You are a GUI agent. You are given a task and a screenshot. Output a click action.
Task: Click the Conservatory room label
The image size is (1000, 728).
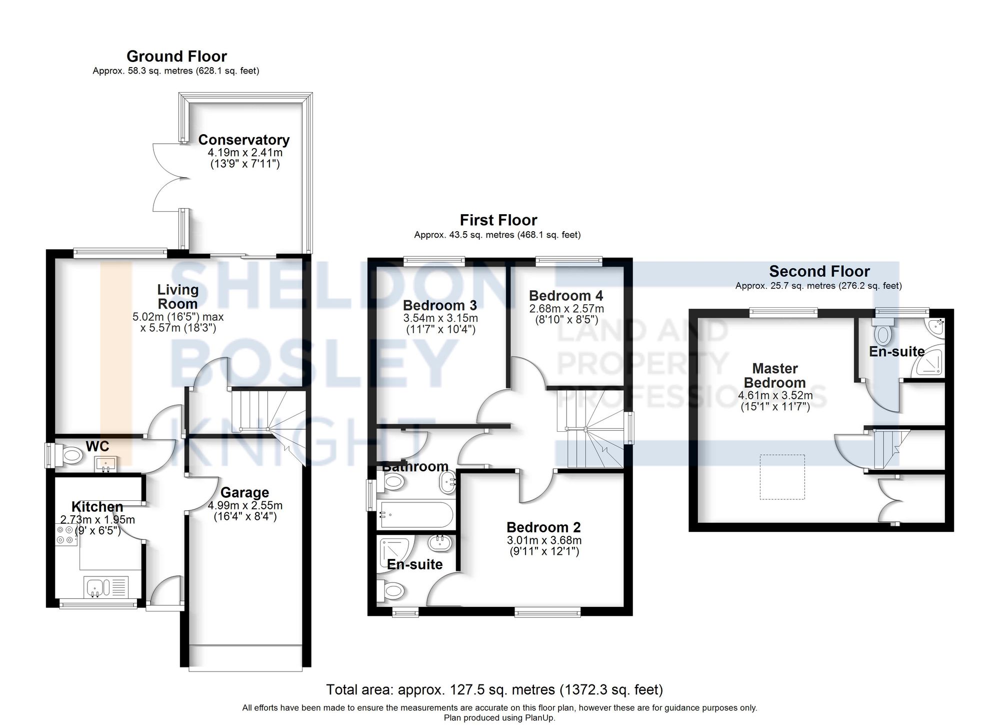[244, 140]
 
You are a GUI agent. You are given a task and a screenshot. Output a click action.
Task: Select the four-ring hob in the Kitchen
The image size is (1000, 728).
[65, 534]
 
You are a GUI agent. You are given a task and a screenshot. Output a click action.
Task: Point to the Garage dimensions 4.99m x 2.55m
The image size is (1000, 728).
[245, 505]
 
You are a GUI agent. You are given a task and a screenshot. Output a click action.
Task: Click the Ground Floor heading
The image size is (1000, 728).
[176, 56]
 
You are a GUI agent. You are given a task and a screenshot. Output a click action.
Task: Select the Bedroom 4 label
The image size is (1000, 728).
[566, 296]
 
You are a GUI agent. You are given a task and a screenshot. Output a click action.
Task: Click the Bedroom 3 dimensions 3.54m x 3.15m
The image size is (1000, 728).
[440, 318]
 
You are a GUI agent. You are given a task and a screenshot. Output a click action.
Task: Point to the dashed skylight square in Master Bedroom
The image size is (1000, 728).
[782, 476]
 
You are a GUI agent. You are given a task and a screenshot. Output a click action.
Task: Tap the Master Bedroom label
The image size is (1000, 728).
[774, 375]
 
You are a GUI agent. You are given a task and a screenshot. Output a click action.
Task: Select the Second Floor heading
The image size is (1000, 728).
[819, 271]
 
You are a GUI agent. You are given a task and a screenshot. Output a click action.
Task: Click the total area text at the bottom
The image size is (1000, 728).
[494, 690]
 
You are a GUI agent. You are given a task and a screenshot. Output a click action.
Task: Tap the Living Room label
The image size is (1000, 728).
[177, 296]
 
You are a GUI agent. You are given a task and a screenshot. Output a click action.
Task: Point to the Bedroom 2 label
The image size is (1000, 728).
[543, 527]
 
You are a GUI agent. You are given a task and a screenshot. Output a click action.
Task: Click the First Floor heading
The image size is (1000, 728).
[498, 220]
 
